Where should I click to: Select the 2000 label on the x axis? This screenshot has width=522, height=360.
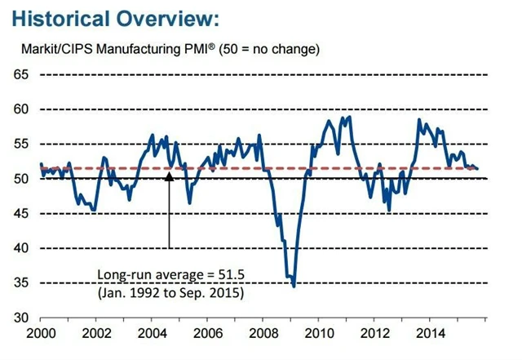click(40, 334)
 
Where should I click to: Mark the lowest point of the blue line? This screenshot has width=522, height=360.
click(294, 286)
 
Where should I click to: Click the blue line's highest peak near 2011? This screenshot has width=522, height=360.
click(350, 117)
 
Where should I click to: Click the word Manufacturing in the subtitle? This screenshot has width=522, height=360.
click(153, 49)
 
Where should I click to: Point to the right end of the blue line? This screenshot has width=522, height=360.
click(477, 168)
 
